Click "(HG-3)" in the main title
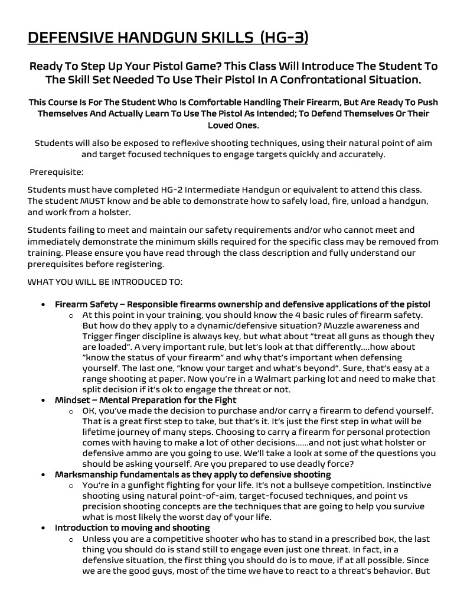tap(283, 38)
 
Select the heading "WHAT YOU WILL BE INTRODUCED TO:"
tap(105, 281)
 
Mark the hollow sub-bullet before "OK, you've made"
tap(71, 411)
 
